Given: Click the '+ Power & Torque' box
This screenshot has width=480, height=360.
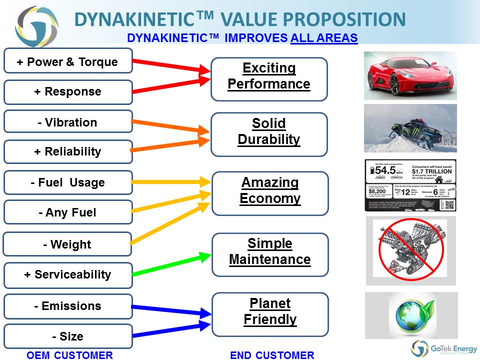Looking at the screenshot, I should coord(68,61).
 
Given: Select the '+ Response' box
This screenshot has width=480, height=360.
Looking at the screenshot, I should coord(68,92).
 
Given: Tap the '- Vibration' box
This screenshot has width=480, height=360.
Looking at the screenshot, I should coord(68,122).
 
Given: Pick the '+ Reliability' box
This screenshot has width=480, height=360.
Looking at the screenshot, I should coord(68,151).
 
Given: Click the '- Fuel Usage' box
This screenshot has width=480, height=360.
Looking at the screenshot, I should coord(68,182).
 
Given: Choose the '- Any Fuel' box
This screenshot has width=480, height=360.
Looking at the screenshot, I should coord(68,212).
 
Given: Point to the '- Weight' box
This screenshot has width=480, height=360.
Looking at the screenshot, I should coord(67,244).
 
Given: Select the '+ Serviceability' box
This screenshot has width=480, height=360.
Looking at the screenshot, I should coord(68,274).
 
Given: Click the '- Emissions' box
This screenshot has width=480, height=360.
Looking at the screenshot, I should coord(68,306).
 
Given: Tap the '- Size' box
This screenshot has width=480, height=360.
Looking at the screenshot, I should coord(68,336).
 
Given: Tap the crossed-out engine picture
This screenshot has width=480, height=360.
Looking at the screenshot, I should coord(410,249).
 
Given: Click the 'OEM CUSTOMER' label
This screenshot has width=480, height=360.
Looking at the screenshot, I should coord(69,355).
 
